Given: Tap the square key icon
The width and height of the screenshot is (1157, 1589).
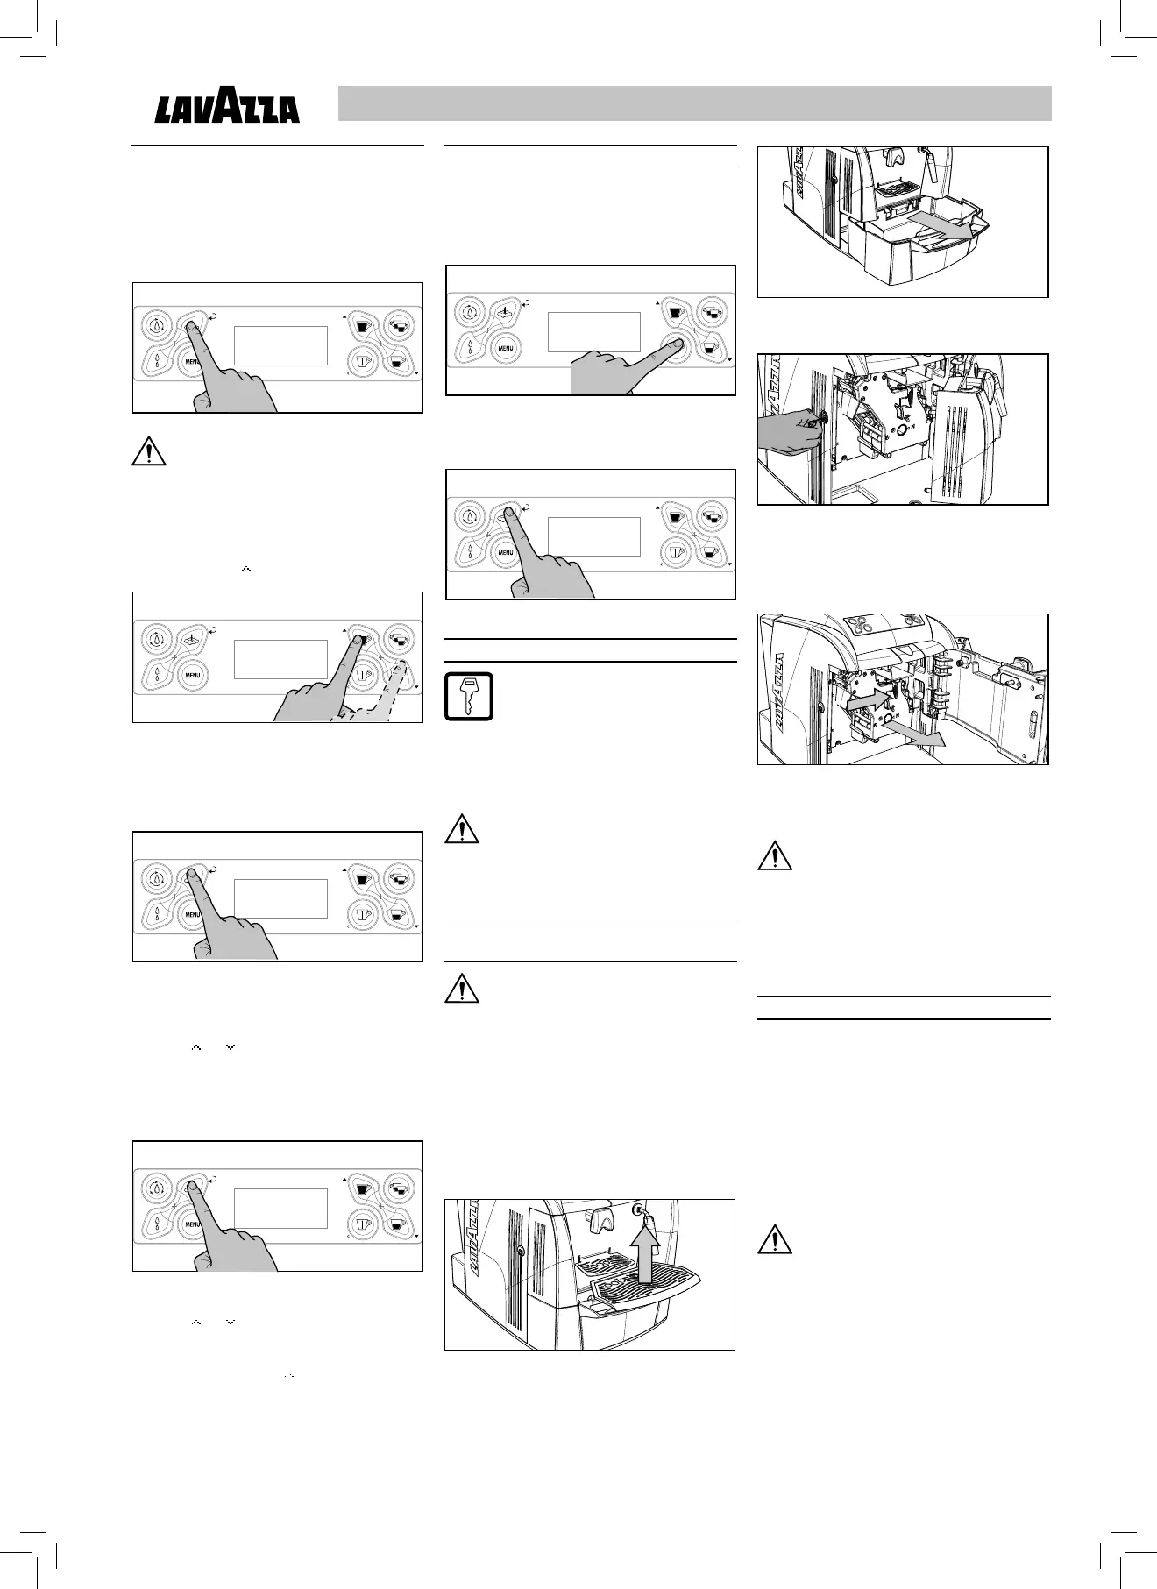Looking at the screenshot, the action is pos(469,696).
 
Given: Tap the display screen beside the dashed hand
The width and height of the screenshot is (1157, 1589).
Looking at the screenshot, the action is pos(280,658).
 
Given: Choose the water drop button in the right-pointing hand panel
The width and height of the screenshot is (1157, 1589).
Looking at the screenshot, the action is pos(471,312).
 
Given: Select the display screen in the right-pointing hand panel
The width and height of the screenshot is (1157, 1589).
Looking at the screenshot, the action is pos(593,331).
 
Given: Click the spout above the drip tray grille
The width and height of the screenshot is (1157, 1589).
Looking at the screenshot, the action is pos(601,1219).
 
